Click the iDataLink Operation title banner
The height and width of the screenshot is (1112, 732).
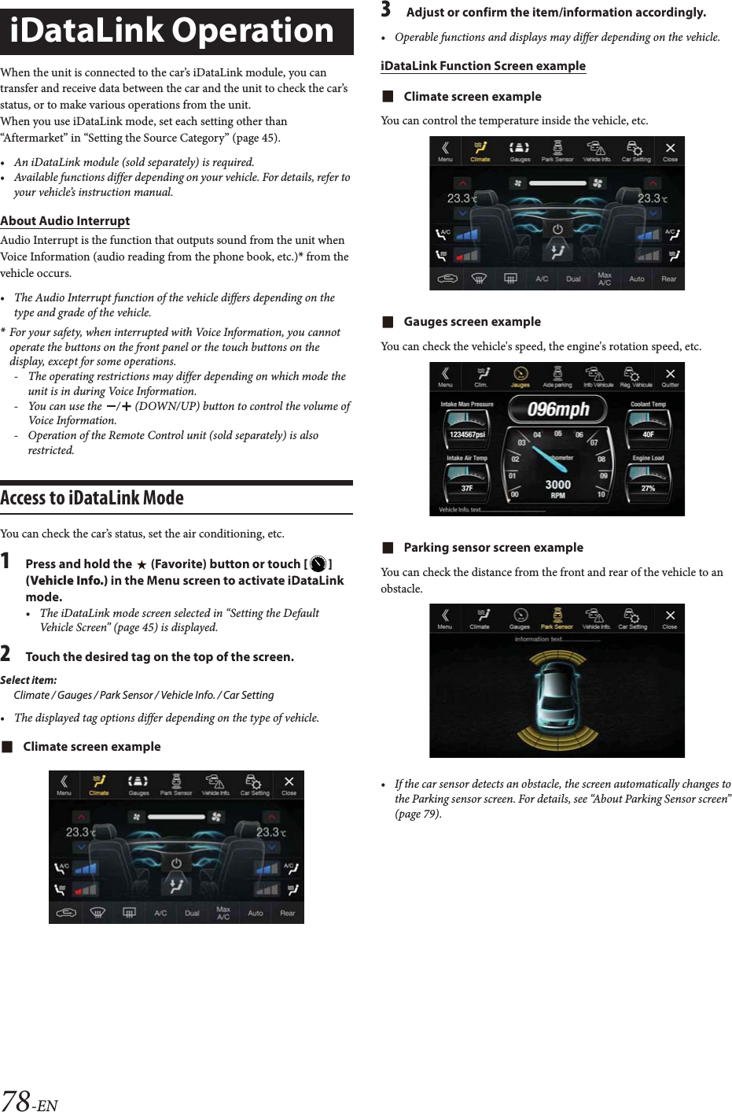pyautogui.click(x=176, y=31)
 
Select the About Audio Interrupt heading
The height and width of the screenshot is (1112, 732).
pyautogui.click(x=65, y=221)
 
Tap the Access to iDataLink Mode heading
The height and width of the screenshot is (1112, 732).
pyautogui.click(x=92, y=498)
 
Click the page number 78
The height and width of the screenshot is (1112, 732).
pyautogui.click(x=16, y=1099)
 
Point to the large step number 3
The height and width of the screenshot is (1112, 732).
pyautogui.click(x=386, y=10)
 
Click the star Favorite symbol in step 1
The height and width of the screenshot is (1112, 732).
pyautogui.click(x=142, y=564)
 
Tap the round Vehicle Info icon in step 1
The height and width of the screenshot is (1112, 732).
pyautogui.click(x=318, y=564)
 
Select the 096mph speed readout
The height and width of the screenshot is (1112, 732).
pyautogui.click(x=558, y=409)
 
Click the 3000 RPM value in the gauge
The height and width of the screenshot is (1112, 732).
pyautogui.click(x=557, y=485)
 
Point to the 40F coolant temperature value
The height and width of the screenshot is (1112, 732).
pyautogui.click(x=648, y=434)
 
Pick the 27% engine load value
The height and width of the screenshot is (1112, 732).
pyautogui.click(x=648, y=488)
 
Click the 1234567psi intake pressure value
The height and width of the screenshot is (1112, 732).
pyautogui.click(x=467, y=434)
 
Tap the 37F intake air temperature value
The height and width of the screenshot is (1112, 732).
pyautogui.click(x=467, y=488)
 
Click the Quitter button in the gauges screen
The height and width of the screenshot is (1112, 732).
pyautogui.click(x=670, y=377)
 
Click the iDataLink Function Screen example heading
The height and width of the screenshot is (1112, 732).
pyautogui.click(x=483, y=66)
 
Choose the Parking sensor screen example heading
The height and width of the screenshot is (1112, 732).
pyautogui.click(x=493, y=548)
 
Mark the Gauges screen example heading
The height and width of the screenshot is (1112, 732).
pyautogui.click(x=472, y=322)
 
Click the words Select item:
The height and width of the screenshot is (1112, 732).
pyautogui.click(x=28, y=680)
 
